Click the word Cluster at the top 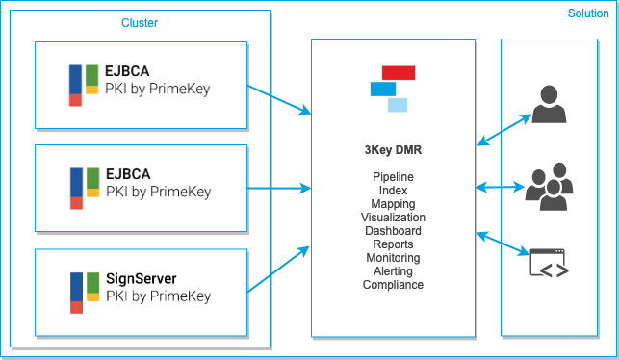click(140, 22)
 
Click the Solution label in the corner click(587, 13)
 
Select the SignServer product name click(142, 279)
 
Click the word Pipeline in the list click(393, 177)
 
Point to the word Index click(393, 191)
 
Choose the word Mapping click(393, 204)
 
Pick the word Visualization click(393, 218)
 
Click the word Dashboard click(393, 231)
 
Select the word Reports click(393, 244)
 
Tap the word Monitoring click(393, 258)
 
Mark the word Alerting click(393, 271)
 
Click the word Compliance click(393, 285)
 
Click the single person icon click(549, 105)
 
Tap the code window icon click(549, 264)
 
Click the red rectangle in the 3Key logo click(399, 72)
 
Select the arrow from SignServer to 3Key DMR click(279, 269)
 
